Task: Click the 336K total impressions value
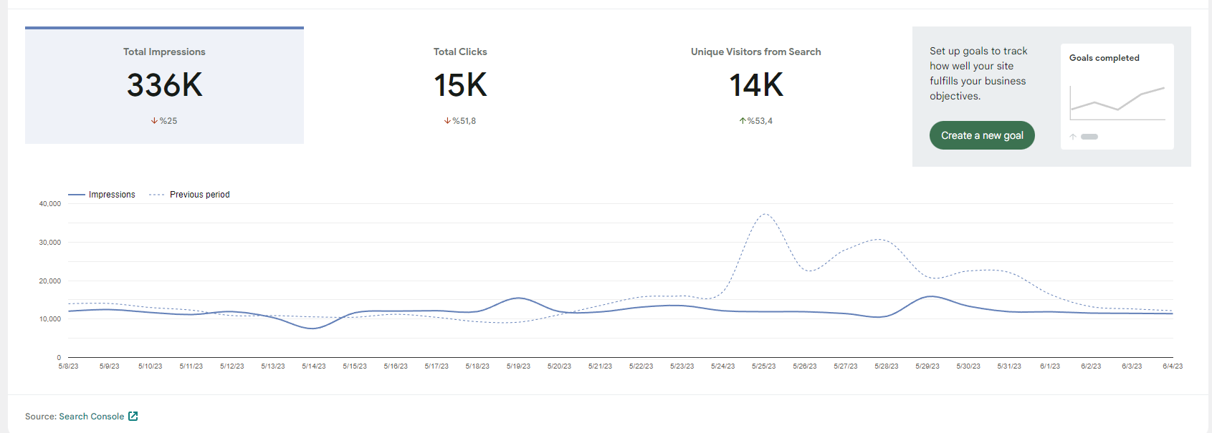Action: pyautogui.click(x=164, y=85)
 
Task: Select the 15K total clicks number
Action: pyautogui.click(x=460, y=85)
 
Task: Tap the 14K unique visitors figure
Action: pyautogui.click(x=756, y=85)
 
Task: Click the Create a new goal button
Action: pyautogui.click(x=982, y=135)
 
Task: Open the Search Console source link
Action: pyautogui.click(x=92, y=417)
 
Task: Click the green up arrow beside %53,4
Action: pyautogui.click(x=743, y=121)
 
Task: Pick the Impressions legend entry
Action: pyautogui.click(x=102, y=195)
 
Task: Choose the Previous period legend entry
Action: pyautogui.click(x=189, y=195)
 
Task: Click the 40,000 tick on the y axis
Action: pyautogui.click(x=49, y=204)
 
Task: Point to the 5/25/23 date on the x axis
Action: pyautogui.click(x=763, y=366)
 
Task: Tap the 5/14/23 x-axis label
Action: pyautogui.click(x=314, y=366)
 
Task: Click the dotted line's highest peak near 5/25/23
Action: pyautogui.click(x=765, y=214)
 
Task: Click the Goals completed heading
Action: pyautogui.click(x=1104, y=58)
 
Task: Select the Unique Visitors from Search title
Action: pyautogui.click(x=756, y=52)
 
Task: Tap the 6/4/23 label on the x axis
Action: pyautogui.click(x=1173, y=366)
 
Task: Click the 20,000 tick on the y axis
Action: pyautogui.click(x=49, y=281)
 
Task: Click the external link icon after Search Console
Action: pyautogui.click(x=133, y=417)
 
